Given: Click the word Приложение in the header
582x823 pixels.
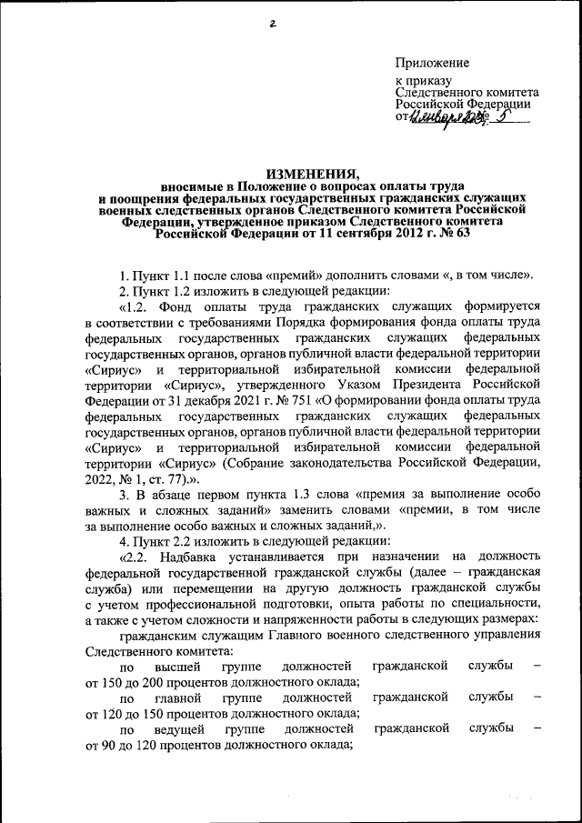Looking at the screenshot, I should click(x=432, y=63).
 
